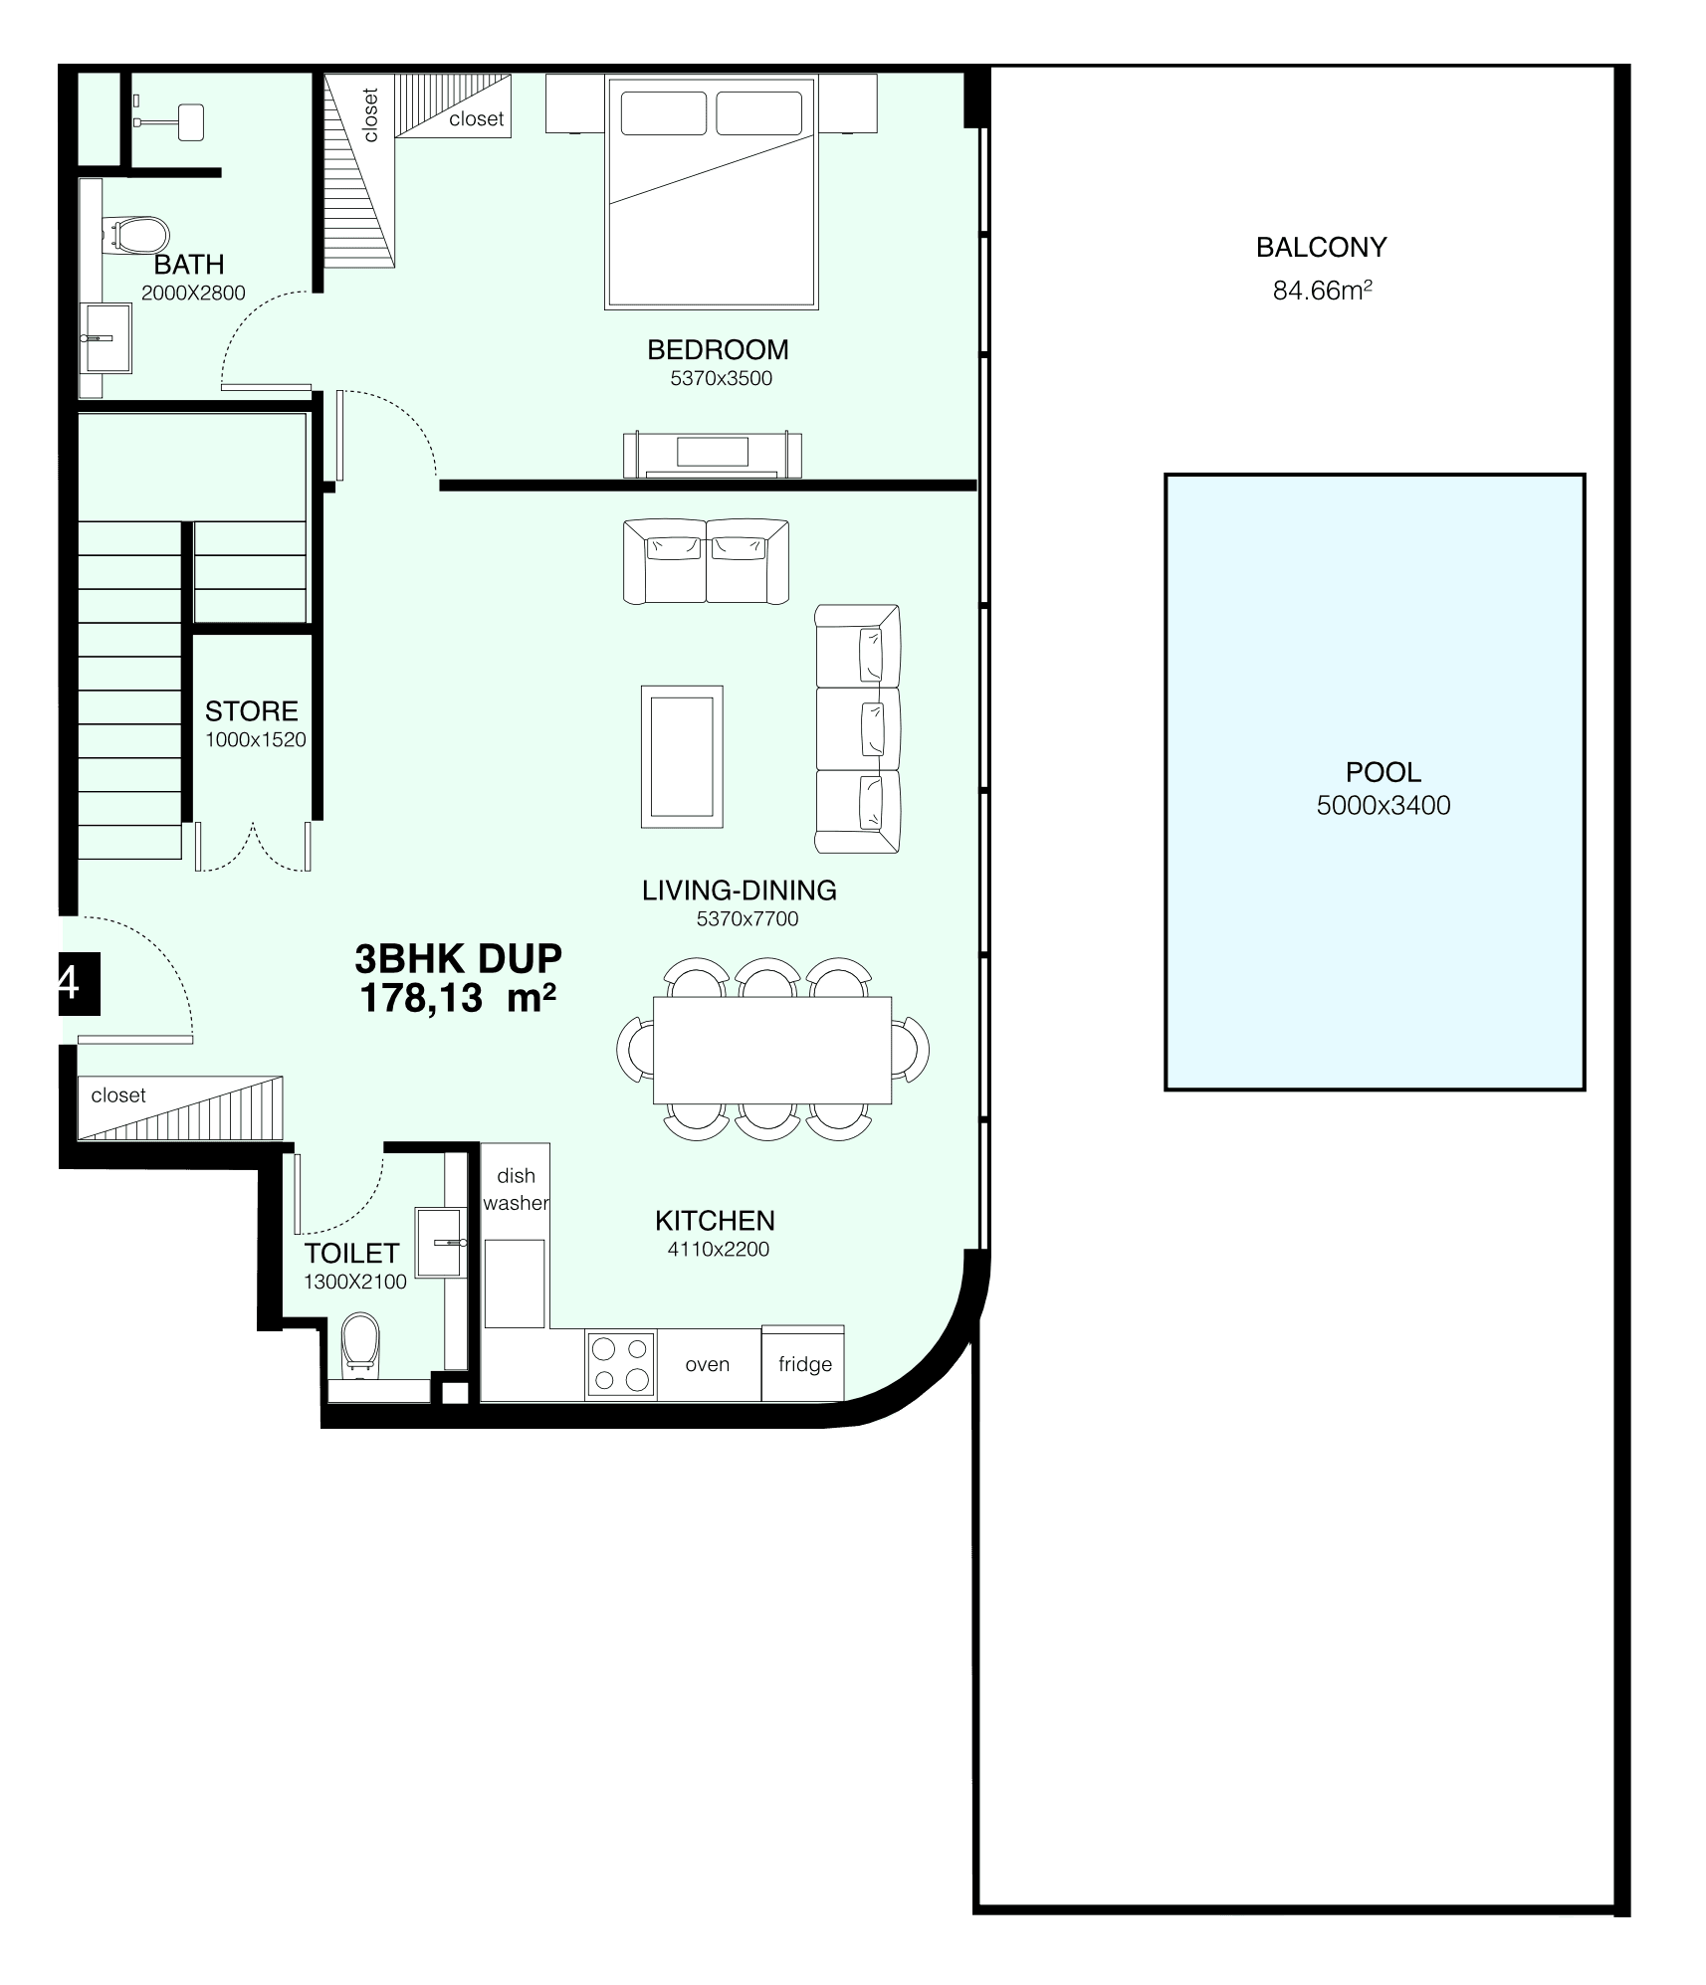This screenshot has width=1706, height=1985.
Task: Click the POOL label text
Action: [1383, 772]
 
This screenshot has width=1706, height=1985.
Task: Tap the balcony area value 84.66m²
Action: [1323, 291]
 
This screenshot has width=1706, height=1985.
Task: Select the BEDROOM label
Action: [718, 350]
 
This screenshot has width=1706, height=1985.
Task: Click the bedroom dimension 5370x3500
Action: [722, 378]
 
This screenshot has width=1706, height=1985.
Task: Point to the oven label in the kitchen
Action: [708, 1364]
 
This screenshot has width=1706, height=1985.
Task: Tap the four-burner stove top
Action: [621, 1364]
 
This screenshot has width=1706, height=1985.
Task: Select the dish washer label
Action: [516, 1189]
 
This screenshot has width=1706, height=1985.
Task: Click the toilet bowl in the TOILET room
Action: [359, 1345]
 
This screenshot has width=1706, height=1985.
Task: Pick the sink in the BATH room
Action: [106, 338]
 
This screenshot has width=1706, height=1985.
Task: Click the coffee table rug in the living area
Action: [682, 756]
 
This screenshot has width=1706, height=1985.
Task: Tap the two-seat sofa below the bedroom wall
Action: [706, 561]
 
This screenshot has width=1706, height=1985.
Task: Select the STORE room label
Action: [252, 711]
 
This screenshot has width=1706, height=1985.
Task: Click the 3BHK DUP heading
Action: [459, 958]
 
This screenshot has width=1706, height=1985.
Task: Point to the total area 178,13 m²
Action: [458, 997]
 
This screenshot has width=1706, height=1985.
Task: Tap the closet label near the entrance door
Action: [118, 1095]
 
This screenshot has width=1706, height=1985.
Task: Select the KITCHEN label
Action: [715, 1221]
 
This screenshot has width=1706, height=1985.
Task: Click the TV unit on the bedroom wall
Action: [713, 455]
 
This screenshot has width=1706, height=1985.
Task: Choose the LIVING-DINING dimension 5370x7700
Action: [747, 919]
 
